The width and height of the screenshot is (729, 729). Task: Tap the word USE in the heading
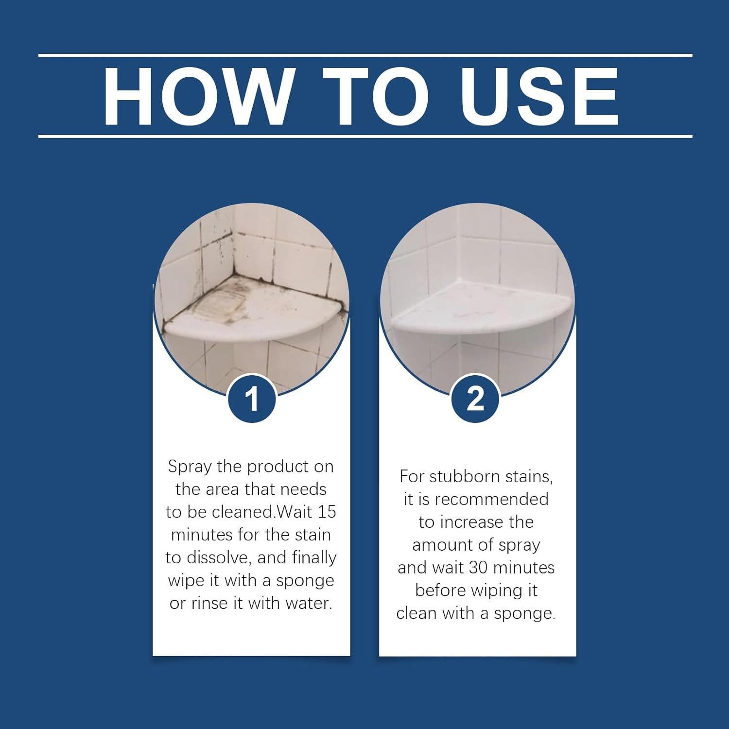tap(539, 96)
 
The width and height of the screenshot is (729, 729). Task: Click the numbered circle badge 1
tap(251, 399)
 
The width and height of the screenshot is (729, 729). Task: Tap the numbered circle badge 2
tap(475, 399)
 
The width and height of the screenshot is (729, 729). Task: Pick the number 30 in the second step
tap(478, 568)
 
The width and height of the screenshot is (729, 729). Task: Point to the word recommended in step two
tap(491, 499)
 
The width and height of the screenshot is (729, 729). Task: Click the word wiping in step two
tap(496, 590)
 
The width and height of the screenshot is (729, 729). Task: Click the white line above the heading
tap(365, 55)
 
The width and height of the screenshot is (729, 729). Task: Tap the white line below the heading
tap(365, 137)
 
